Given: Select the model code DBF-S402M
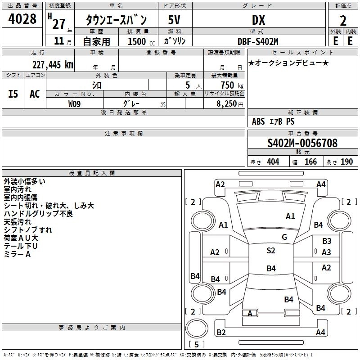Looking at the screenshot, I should (x=258, y=41).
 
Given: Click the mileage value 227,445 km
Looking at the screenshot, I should (x=52, y=64).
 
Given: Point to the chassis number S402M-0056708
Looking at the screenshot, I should (x=302, y=144).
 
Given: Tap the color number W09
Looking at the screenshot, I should (x=75, y=104).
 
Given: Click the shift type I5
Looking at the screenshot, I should (x=13, y=94).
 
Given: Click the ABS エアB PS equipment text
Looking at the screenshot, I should (x=273, y=121).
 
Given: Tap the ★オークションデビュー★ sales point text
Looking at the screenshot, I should (x=288, y=63).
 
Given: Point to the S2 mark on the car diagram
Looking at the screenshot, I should (x=271, y=251).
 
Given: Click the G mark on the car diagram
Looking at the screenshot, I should (x=284, y=237).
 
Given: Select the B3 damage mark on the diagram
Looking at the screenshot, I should (x=327, y=241).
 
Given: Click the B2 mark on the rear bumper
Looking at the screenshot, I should (x=221, y=332).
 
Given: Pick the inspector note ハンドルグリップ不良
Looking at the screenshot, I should (x=38, y=213).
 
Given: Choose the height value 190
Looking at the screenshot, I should (x=347, y=162).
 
